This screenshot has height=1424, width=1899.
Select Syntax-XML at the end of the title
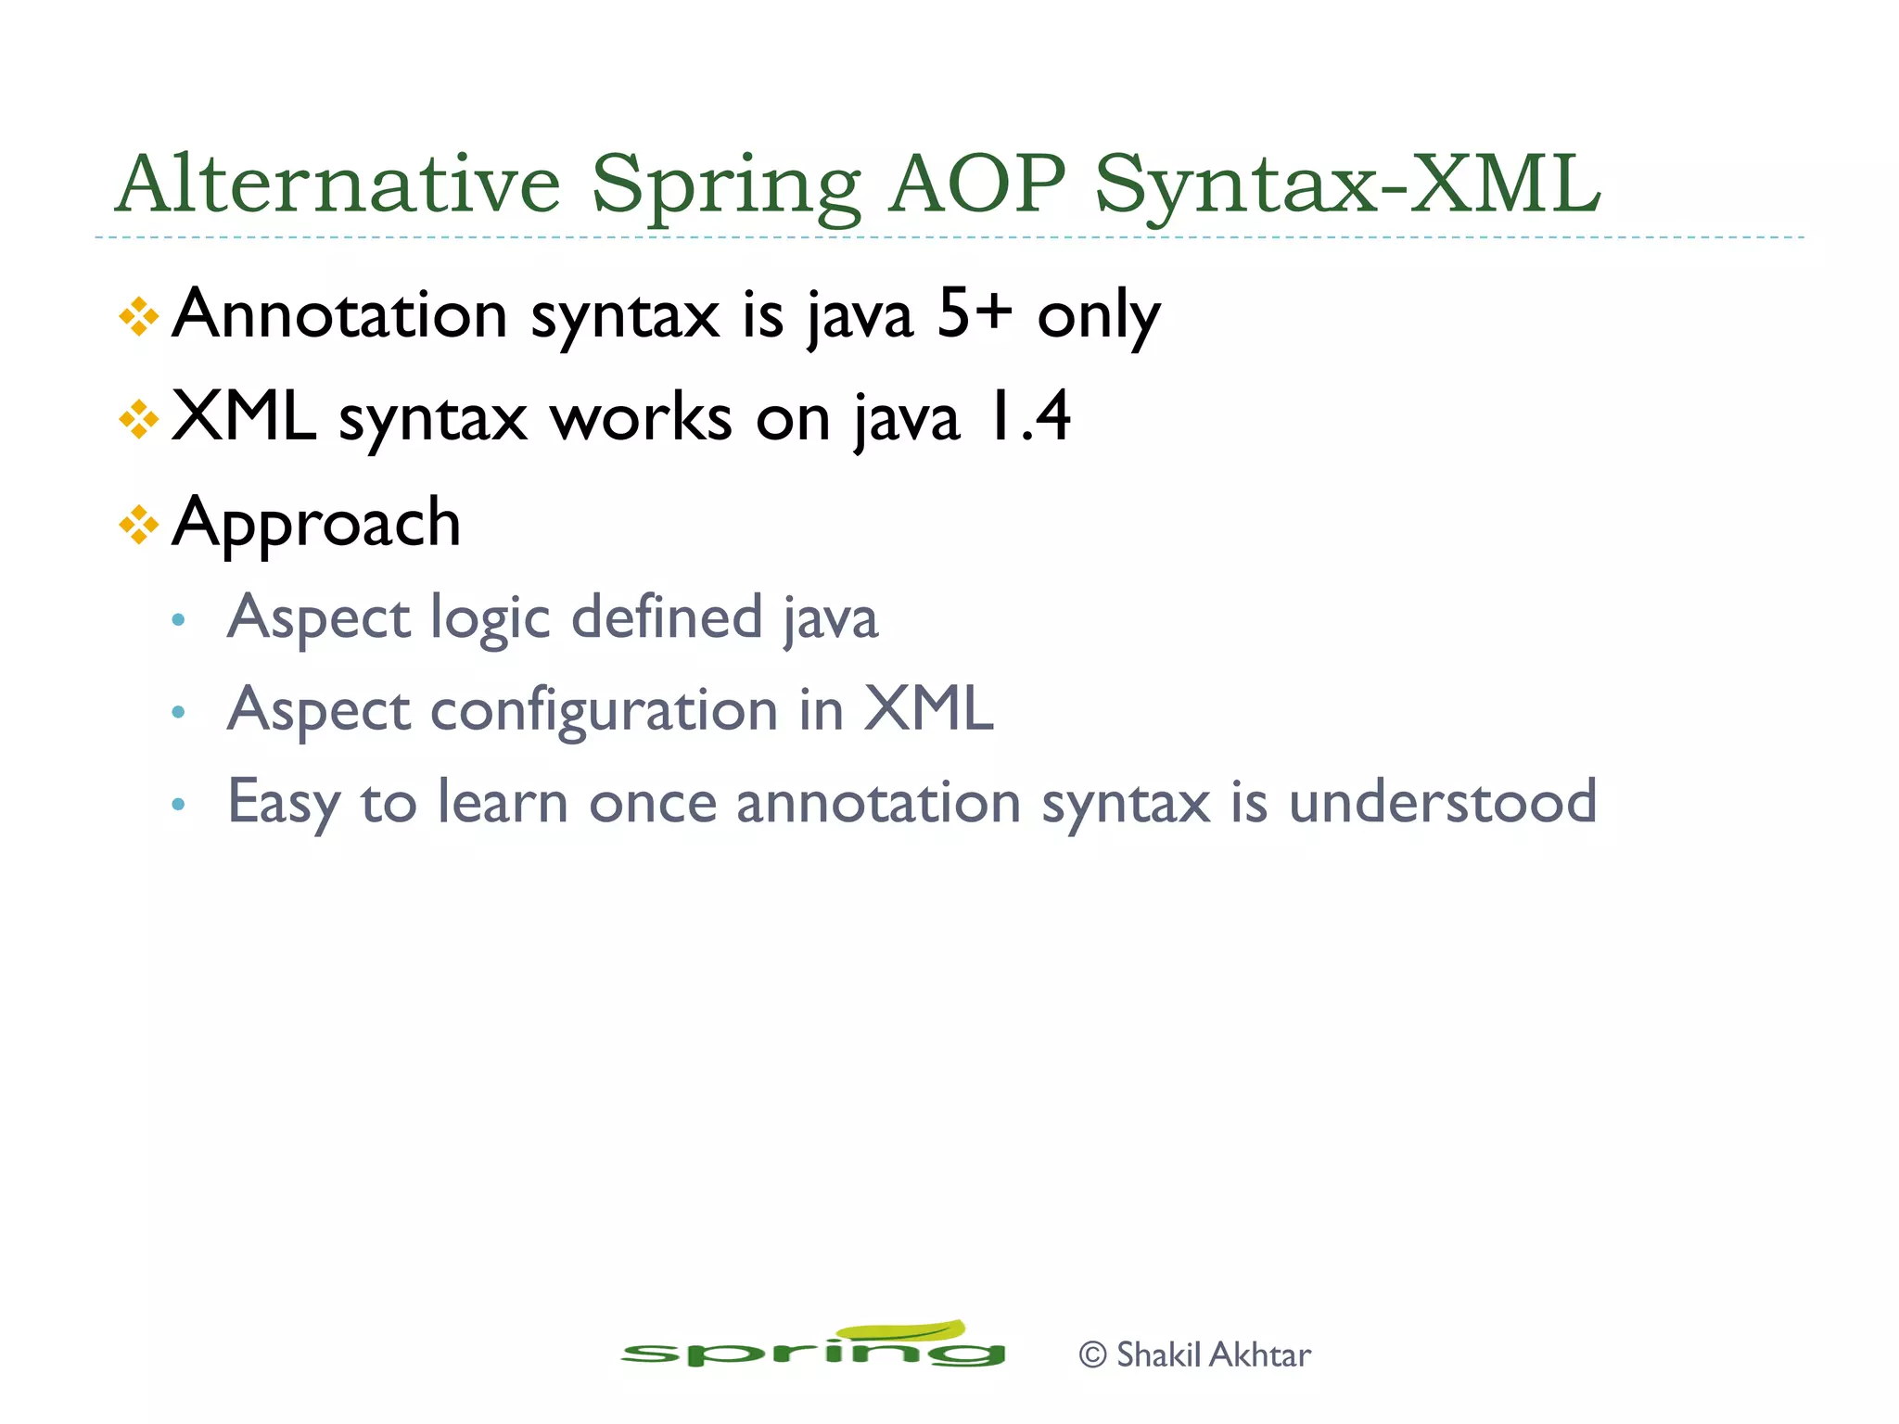[x=1347, y=185]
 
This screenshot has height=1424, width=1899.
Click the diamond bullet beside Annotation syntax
[x=139, y=317]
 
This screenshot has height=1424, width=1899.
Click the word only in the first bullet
[x=1098, y=318]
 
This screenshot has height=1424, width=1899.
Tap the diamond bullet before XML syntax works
[x=139, y=420]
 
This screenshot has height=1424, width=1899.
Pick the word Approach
[x=316, y=524]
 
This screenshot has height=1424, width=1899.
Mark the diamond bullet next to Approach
[x=139, y=526]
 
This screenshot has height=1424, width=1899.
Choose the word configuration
[x=605, y=712]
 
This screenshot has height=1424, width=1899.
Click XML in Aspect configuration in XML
[x=928, y=709]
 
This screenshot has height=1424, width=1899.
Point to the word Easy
[x=283, y=804]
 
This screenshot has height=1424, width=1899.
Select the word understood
[x=1443, y=802]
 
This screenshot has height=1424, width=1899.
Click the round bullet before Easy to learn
[x=179, y=804]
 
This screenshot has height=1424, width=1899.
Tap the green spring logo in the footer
[x=812, y=1347]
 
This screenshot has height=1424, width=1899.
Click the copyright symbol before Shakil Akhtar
[x=1093, y=1354]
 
